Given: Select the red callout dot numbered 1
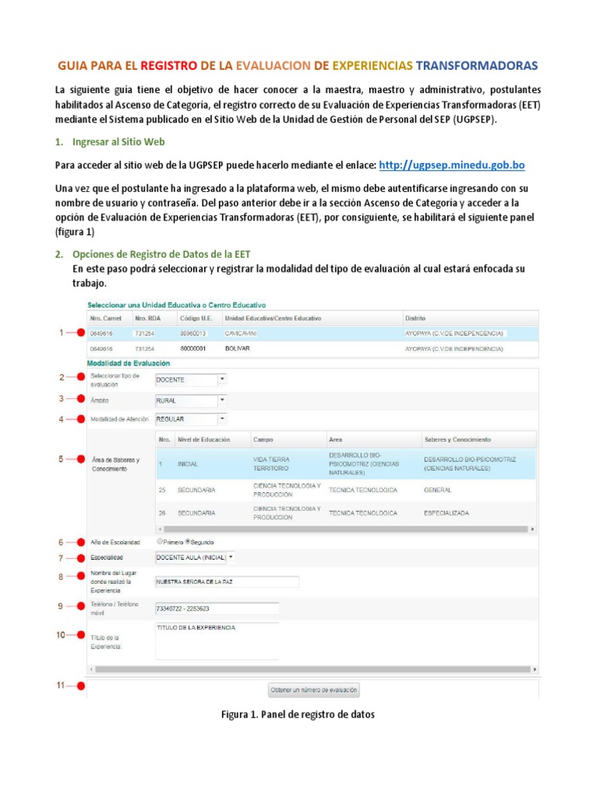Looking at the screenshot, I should point(80,333).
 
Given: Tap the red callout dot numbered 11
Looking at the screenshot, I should point(80,686).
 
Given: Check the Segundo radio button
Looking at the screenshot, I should point(188,542).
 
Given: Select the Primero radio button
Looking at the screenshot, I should point(160,542).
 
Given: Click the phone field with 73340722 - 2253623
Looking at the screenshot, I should point(217,609).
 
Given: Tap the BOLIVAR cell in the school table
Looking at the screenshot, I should point(237,349).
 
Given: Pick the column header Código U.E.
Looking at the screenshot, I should point(195,318).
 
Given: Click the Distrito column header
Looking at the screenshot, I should point(415,318).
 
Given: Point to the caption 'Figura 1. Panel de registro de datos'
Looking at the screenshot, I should point(298,714).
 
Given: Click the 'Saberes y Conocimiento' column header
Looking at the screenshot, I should point(457,439).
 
